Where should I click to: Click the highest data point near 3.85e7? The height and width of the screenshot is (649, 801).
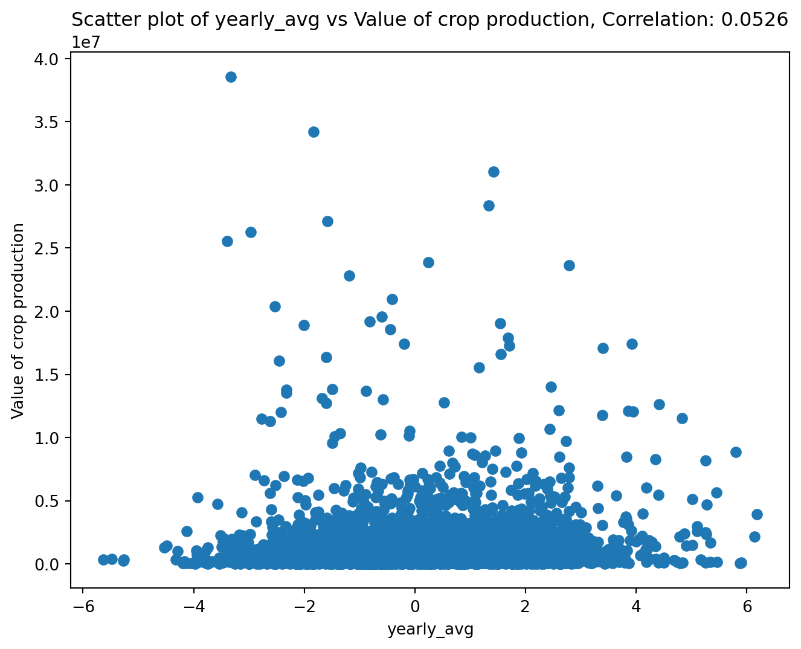point(231,77)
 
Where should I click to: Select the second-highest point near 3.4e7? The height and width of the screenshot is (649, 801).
point(314,132)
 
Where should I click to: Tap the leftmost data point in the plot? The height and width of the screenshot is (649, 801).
point(103,560)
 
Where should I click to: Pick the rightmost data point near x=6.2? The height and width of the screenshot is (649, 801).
point(757,514)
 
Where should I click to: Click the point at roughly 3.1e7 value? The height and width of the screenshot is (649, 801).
point(494,172)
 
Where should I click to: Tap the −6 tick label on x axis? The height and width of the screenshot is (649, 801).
point(82,606)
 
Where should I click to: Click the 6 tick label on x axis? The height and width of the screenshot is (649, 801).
point(747,606)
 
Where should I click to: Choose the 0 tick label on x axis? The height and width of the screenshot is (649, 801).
point(415,606)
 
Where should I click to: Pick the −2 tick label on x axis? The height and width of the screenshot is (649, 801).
point(303,606)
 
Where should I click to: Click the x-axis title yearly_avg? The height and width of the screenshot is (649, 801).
point(430,630)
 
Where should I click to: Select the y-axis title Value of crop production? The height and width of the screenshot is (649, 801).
point(18,320)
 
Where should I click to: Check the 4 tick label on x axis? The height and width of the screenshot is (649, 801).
point(636,606)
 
